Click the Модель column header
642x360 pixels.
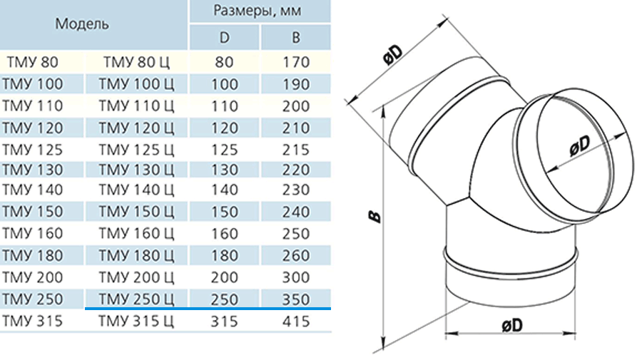(82, 24)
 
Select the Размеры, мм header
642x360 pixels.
(257, 10)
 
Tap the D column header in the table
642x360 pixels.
(225, 38)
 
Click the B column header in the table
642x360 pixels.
(295, 38)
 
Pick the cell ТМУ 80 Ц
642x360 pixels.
(136, 62)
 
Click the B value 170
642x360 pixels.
(295, 62)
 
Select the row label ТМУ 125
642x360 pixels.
(32, 150)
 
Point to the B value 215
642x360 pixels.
(295, 150)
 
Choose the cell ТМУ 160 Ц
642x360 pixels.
(136, 234)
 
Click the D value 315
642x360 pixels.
(225, 321)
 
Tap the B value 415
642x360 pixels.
(295, 321)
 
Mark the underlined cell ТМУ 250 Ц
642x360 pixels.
(136, 299)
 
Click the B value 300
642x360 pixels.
(295, 277)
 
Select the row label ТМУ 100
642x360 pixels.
(32, 84)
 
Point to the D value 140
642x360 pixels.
(225, 190)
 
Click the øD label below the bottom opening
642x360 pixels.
(512, 326)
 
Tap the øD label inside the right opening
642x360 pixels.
(580, 145)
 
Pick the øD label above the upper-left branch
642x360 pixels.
(394, 53)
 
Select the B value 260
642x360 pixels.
(295, 256)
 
